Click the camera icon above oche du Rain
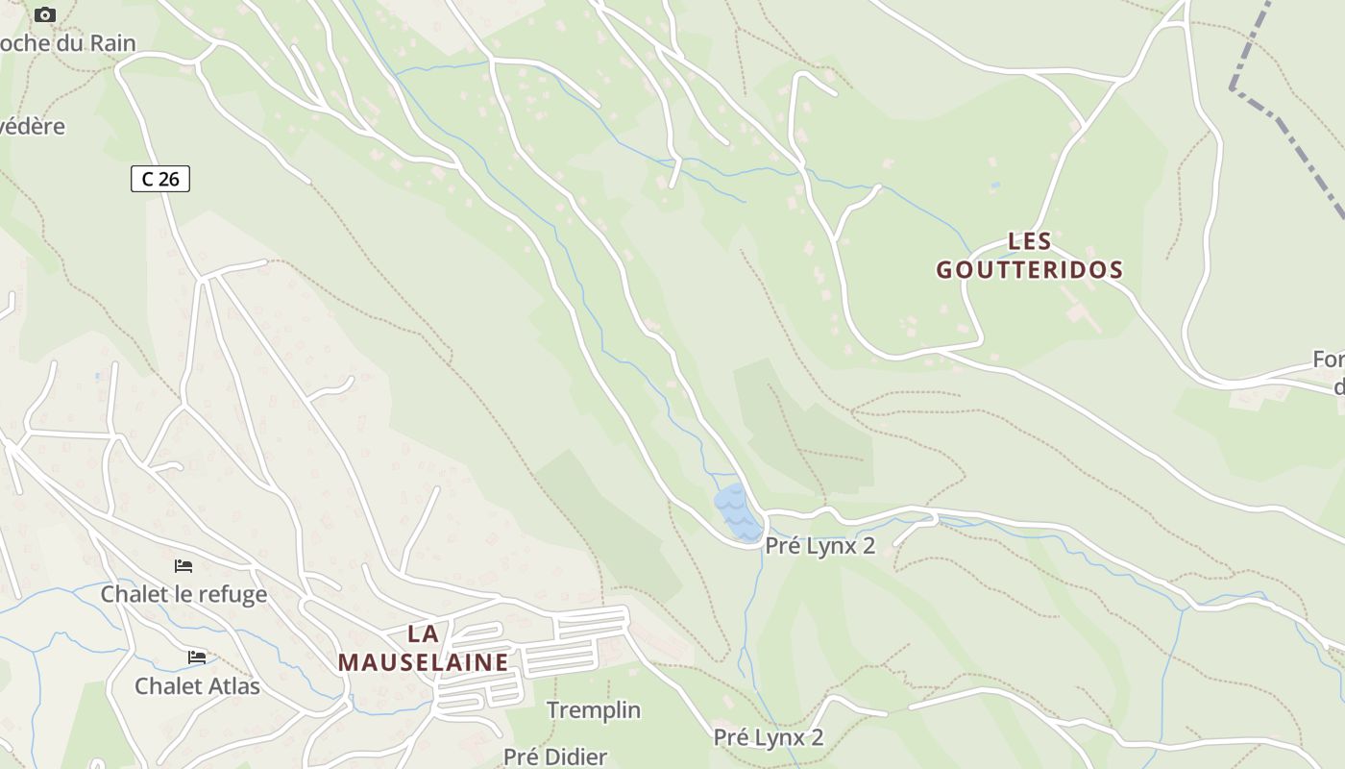(x=44, y=14)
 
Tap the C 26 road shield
(x=160, y=179)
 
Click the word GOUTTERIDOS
(x=1030, y=270)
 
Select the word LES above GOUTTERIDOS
(x=1030, y=240)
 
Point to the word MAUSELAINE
(x=423, y=662)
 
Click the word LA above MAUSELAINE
(x=423, y=633)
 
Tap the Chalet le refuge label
(x=183, y=594)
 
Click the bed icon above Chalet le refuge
(x=183, y=566)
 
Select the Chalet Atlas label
(x=197, y=685)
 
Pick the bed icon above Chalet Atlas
(x=197, y=657)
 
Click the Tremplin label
(x=594, y=710)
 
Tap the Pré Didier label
(x=555, y=757)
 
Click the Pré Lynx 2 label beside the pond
(x=820, y=546)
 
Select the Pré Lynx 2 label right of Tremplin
(x=769, y=737)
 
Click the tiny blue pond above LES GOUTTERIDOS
(x=994, y=185)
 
